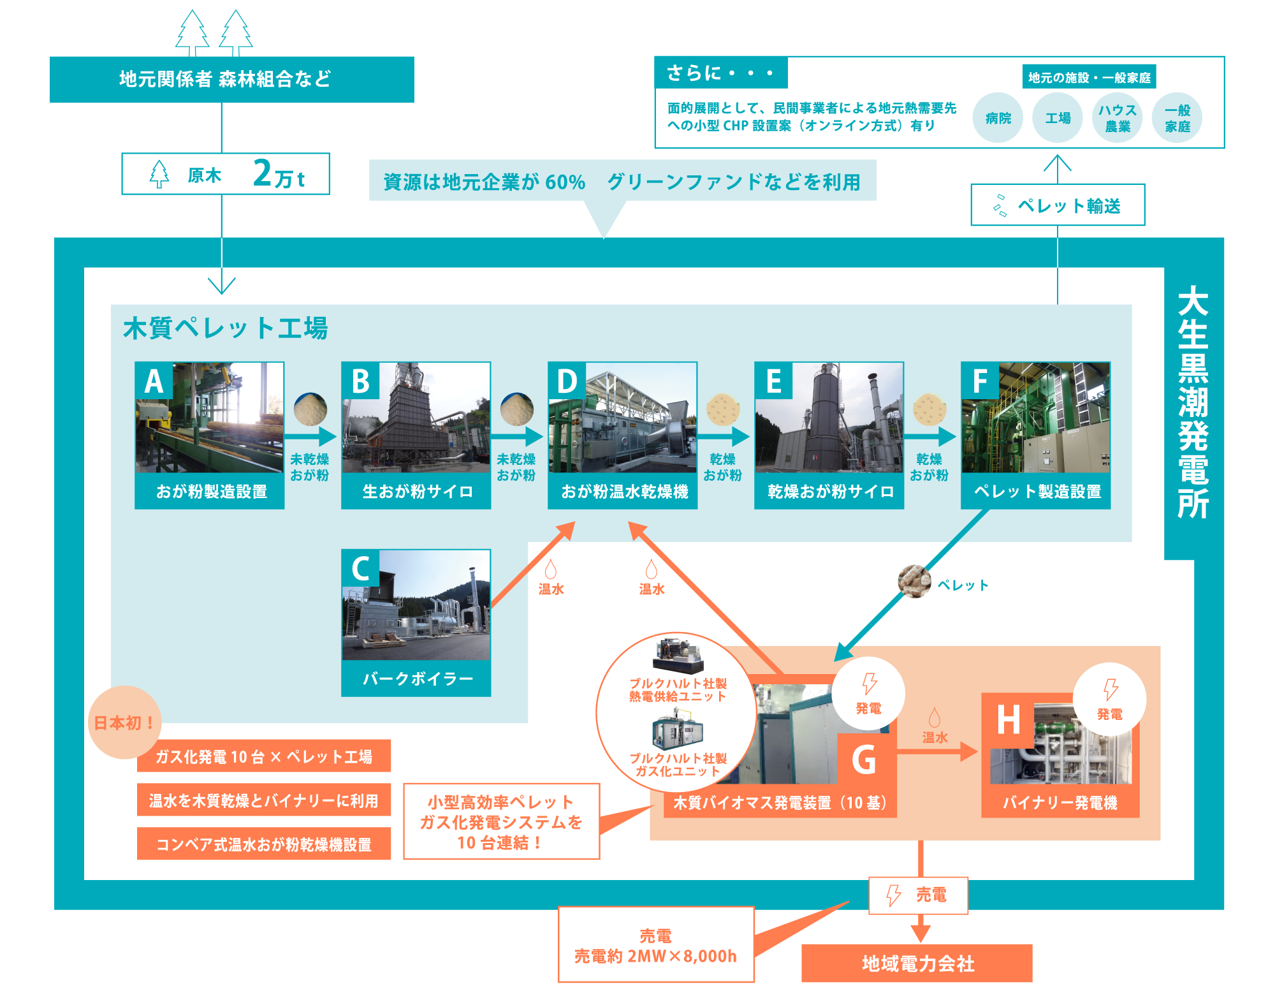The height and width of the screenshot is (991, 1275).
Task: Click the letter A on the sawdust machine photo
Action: point(154,381)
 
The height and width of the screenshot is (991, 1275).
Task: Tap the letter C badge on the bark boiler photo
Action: point(360,568)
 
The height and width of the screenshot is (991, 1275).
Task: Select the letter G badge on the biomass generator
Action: point(864,760)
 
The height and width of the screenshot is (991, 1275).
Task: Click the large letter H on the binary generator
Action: point(1009,720)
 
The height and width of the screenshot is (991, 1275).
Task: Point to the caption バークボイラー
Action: point(417,679)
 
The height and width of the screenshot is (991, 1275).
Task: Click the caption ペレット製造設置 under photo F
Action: point(1037,491)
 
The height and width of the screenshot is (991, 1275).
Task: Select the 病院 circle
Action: point(998,118)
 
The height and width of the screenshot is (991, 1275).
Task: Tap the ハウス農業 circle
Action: point(1117,118)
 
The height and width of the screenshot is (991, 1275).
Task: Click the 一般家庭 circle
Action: point(1177,118)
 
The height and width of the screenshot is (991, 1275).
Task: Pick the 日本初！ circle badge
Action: point(124,723)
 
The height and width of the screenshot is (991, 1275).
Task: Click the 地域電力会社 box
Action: point(917,963)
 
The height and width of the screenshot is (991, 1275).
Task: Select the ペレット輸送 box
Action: point(1057,205)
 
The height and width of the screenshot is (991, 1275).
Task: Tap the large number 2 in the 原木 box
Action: point(262,173)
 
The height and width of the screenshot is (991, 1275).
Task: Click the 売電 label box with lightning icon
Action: point(918,895)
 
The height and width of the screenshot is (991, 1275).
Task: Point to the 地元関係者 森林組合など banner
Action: point(232,79)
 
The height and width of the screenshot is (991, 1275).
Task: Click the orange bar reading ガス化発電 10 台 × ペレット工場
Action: point(264,756)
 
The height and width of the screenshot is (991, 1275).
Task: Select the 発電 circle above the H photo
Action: point(1110,700)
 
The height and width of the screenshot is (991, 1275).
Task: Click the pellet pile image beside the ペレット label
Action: point(914,581)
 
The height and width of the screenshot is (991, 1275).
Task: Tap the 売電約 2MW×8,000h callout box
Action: point(656,945)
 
